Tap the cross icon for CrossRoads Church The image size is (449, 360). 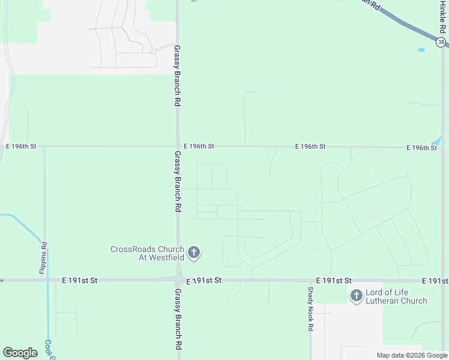click(x=193, y=253)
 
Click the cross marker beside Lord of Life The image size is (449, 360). click(x=357, y=295)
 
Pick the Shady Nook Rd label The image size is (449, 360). click(x=310, y=309)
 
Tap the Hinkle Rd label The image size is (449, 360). click(x=443, y=18)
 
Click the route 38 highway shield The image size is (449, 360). click(x=442, y=42)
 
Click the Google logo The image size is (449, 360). click(x=20, y=353)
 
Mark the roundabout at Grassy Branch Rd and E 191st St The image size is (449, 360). click(x=178, y=280)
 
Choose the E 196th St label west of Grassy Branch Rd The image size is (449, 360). click(x=22, y=146)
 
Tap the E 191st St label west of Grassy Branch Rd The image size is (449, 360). click(x=79, y=280)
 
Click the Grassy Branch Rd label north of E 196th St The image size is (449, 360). click(x=178, y=76)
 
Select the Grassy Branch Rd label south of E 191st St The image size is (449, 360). click(x=178, y=320)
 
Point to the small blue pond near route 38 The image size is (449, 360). click(x=421, y=50)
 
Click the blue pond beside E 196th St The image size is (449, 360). click(x=436, y=142)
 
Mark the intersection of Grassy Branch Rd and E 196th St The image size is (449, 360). click(x=178, y=146)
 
